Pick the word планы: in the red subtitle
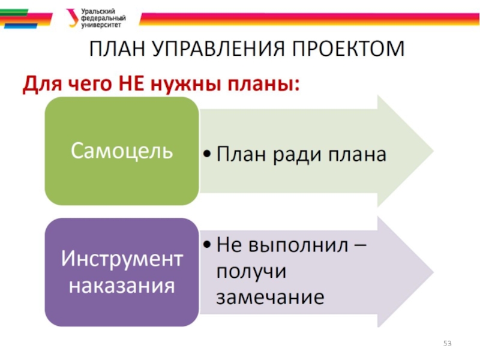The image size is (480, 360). coord(262,85)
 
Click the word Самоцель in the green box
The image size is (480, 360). coord(122,150)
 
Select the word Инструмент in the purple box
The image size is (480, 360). coord(122,260)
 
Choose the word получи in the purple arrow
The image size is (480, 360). coord(252,271)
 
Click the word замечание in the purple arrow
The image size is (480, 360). coord(271,296)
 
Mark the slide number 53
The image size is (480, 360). coord(447,343)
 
